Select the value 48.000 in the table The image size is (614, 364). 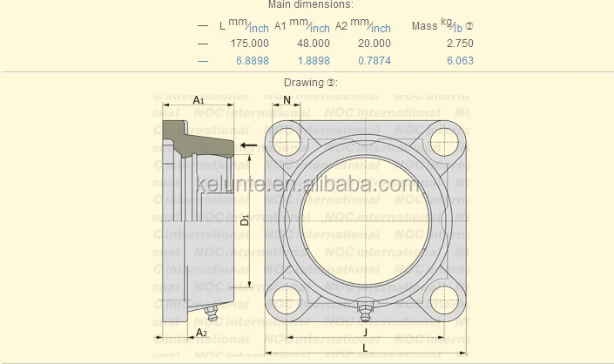(x=313, y=43)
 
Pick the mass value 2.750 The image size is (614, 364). (x=459, y=43)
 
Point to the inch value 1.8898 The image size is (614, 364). (x=313, y=61)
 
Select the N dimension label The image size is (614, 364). (x=287, y=100)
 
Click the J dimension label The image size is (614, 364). (x=364, y=332)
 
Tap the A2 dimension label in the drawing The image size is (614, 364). (x=200, y=332)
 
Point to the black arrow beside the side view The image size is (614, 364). (x=249, y=145)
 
